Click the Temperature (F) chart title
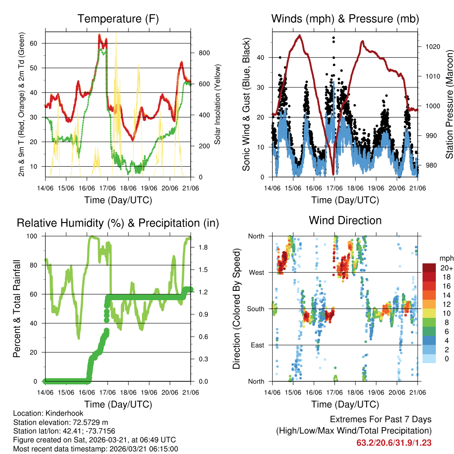click(x=118, y=19)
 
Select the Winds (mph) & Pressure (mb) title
click(x=345, y=19)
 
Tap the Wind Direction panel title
click(x=345, y=220)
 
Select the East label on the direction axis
click(x=257, y=345)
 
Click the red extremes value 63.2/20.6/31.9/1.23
click(x=394, y=442)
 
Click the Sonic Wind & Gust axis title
click(x=247, y=104)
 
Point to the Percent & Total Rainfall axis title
click(x=17, y=309)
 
